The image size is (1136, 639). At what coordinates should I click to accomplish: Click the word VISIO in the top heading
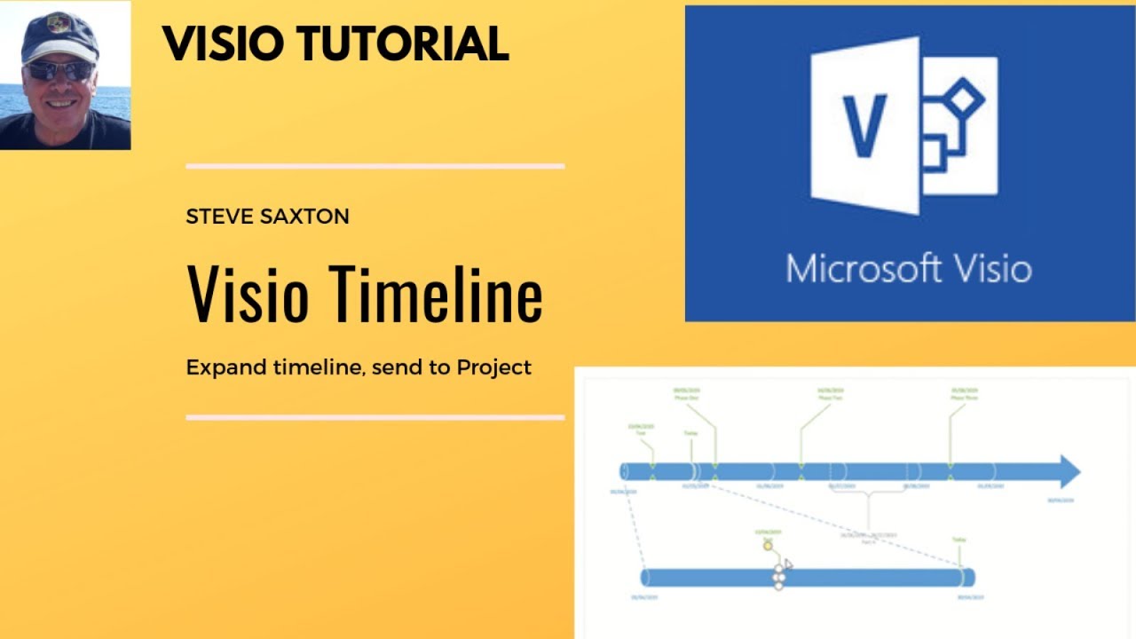click(228, 43)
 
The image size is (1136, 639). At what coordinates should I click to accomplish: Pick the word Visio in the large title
click(248, 296)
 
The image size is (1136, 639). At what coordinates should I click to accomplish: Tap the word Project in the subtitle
click(493, 367)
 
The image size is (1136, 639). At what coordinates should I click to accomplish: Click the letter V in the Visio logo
click(865, 125)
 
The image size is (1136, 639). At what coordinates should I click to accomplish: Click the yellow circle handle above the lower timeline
click(768, 546)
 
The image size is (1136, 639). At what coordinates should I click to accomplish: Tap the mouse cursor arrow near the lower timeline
click(788, 564)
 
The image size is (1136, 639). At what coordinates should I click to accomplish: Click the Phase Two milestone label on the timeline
click(830, 394)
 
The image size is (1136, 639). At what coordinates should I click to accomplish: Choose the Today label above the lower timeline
click(958, 539)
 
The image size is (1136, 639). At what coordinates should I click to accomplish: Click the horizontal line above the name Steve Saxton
click(375, 166)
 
